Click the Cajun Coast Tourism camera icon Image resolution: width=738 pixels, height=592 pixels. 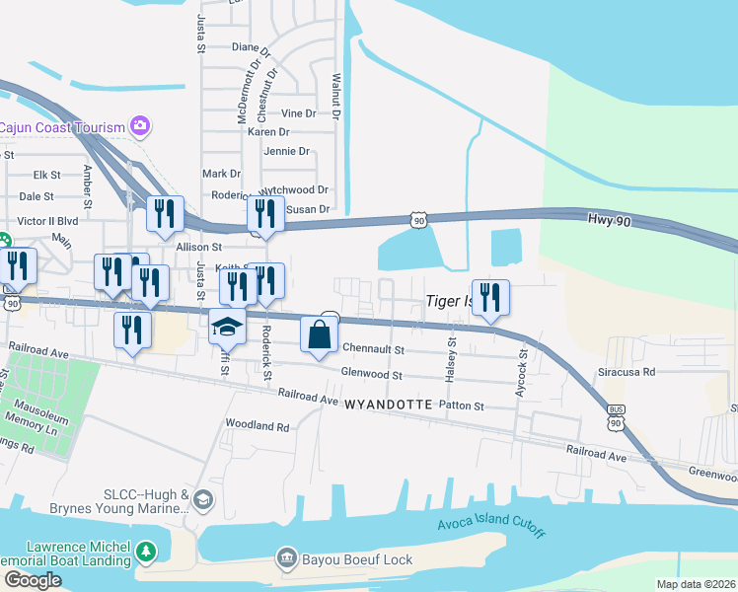[140, 125]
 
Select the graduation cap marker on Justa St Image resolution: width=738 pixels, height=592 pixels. [228, 327]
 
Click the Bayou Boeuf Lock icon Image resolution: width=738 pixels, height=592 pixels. [287, 558]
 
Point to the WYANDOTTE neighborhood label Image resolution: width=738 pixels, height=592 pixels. [389, 405]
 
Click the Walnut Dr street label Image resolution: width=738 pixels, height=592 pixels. [336, 97]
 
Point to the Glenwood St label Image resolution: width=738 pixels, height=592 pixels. [372, 375]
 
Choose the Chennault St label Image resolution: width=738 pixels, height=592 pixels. [374, 349]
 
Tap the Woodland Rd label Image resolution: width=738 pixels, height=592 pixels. [257, 427]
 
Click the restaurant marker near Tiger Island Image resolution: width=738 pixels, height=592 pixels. [490, 296]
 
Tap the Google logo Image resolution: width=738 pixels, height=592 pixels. [33, 580]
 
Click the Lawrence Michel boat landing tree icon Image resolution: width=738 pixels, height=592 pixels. [146, 551]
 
